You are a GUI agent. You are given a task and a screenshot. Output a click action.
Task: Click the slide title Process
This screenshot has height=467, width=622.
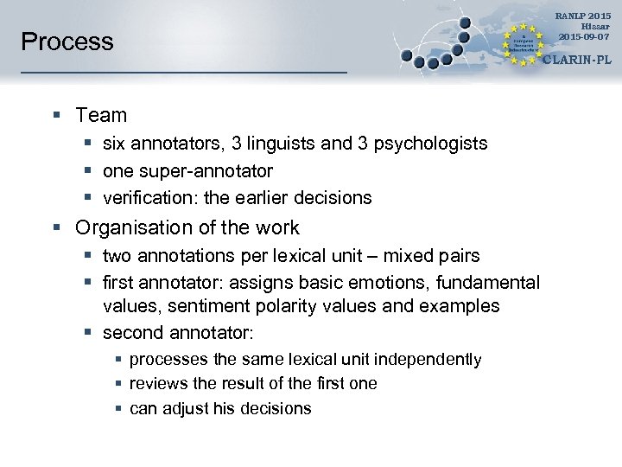[x=67, y=42]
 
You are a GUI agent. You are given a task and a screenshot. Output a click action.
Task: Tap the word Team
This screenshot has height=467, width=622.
[x=101, y=115]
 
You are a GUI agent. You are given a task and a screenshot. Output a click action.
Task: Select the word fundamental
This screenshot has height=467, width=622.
[x=491, y=283]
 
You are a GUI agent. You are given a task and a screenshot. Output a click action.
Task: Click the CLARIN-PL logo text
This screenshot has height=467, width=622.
[x=576, y=61]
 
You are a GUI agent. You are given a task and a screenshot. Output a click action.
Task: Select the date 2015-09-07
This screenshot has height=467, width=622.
[x=583, y=36]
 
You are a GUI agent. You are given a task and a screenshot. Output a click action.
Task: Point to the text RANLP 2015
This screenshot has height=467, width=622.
[x=583, y=16]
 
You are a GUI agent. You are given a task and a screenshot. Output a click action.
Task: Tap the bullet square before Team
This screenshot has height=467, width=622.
[x=56, y=115]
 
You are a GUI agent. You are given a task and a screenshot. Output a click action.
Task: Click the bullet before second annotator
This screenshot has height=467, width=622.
[x=87, y=333]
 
